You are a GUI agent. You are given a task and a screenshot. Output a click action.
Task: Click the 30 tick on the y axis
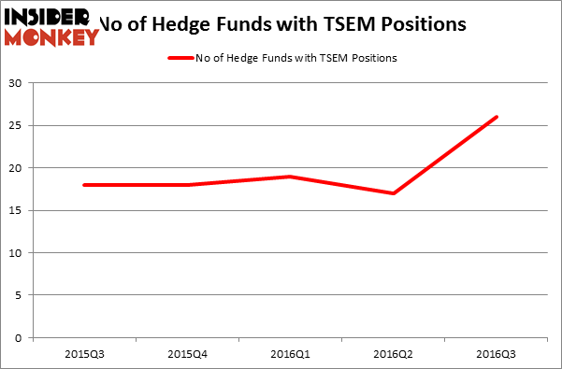click(16, 83)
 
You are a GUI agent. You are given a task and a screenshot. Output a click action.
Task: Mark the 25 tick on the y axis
click(16, 125)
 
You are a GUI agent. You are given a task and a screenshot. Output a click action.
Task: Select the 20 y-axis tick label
click(16, 168)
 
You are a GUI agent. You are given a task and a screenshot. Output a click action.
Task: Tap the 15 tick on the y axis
click(16, 210)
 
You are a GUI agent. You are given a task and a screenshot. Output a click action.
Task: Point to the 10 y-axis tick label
click(16, 253)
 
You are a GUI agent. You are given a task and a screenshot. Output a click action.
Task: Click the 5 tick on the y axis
click(19, 295)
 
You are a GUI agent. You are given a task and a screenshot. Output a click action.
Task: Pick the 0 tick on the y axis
click(19, 338)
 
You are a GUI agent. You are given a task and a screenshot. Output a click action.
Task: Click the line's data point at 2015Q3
click(84, 185)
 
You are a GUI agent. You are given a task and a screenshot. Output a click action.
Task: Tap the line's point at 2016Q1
click(291, 177)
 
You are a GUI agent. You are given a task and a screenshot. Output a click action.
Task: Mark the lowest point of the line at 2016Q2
click(394, 193)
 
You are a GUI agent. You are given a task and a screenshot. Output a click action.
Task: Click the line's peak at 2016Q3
click(497, 117)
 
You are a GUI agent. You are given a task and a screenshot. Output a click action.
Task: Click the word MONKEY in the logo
click(52, 37)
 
